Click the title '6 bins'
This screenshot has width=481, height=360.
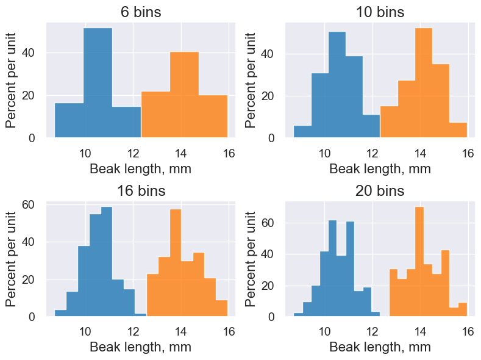click(140, 12)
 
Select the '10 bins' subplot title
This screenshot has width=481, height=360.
click(380, 12)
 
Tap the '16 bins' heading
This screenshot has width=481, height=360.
click(140, 191)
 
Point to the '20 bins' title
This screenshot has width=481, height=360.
click(380, 191)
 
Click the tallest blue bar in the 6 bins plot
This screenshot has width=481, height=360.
click(98, 82)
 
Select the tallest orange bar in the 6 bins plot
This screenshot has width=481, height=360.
click(184, 95)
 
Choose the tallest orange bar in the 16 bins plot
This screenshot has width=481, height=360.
click(176, 262)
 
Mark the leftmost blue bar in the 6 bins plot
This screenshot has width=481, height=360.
click(69, 120)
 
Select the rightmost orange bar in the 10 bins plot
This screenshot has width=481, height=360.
click(458, 130)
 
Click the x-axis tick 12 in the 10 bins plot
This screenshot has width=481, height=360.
click(372, 153)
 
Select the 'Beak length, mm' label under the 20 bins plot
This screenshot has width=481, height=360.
click(380, 348)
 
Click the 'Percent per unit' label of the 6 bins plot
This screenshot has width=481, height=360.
click(12, 81)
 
